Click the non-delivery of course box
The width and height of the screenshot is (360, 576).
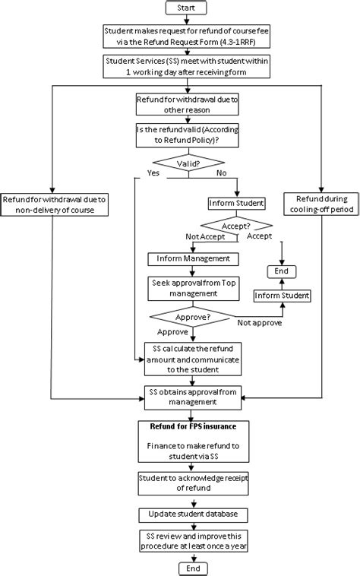[52, 204]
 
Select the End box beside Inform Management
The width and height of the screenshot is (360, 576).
[280, 271]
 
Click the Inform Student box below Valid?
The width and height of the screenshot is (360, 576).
[236, 203]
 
